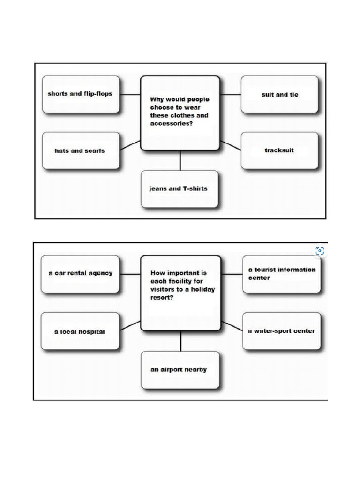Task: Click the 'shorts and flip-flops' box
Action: pyautogui.click(x=81, y=94)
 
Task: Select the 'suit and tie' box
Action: pyautogui.click(x=279, y=95)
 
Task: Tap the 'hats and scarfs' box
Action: pyautogui.click(x=81, y=150)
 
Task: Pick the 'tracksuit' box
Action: pyautogui.click(x=279, y=150)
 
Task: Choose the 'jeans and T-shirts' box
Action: pyautogui.click(x=180, y=189)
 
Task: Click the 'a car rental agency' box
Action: pyautogui.click(x=80, y=274)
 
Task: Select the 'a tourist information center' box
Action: pyautogui.click(x=281, y=274)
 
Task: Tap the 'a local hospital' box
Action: pyautogui.click(x=80, y=331)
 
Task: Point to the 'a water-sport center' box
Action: pyautogui.click(x=281, y=331)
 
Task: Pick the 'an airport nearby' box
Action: pyautogui.click(x=180, y=370)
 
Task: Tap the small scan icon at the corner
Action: pyautogui.click(x=320, y=251)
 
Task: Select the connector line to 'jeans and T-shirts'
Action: pyautogui.click(x=180, y=160)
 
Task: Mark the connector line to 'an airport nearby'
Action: pyautogui.click(x=180, y=341)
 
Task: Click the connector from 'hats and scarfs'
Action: pyautogui.click(x=130, y=145)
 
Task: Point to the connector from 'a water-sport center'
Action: pyautogui.click(x=232, y=326)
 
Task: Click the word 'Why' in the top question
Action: pyautogui.click(x=157, y=99)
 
